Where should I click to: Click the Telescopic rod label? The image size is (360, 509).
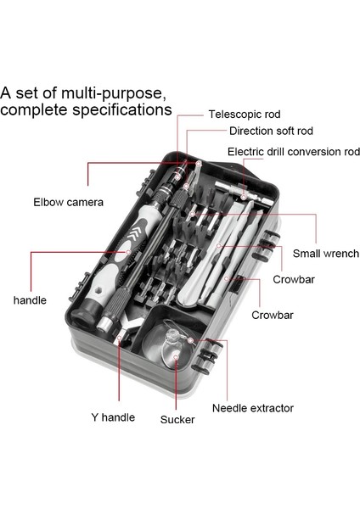[x=245, y=115]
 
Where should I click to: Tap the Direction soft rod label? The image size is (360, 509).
[x=271, y=131]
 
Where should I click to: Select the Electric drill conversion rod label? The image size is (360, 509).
[x=294, y=152]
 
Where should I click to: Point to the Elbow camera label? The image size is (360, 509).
[x=68, y=202]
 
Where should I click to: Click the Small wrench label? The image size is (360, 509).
[x=326, y=253]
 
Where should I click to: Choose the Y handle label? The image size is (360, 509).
[x=113, y=417]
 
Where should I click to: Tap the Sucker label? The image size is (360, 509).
[x=177, y=419]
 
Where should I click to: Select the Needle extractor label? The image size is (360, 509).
[x=253, y=408]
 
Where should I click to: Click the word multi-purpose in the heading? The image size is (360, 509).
[x=111, y=93]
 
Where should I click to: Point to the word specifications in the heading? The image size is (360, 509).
[x=122, y=110]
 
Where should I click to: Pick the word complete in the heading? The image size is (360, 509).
[x=35, y=110]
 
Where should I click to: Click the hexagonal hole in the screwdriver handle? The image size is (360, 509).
[x=98, y=289]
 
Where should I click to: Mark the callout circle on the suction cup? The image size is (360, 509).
[x=176, y=357]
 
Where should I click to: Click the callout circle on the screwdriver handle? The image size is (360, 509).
[x=128, y=252]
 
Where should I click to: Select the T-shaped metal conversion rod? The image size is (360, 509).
[x=244, y=193]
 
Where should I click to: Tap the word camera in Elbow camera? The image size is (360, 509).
[x=85, y=202]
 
